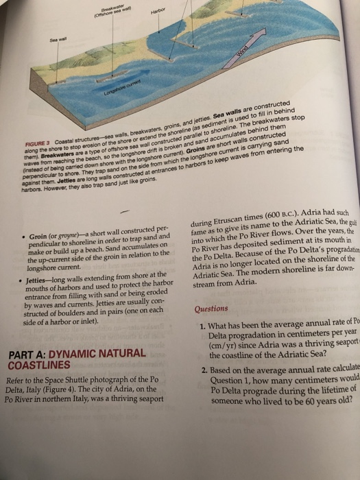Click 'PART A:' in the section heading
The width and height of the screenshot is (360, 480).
coord(26,355)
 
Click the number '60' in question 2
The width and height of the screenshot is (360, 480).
coord(321,402)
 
